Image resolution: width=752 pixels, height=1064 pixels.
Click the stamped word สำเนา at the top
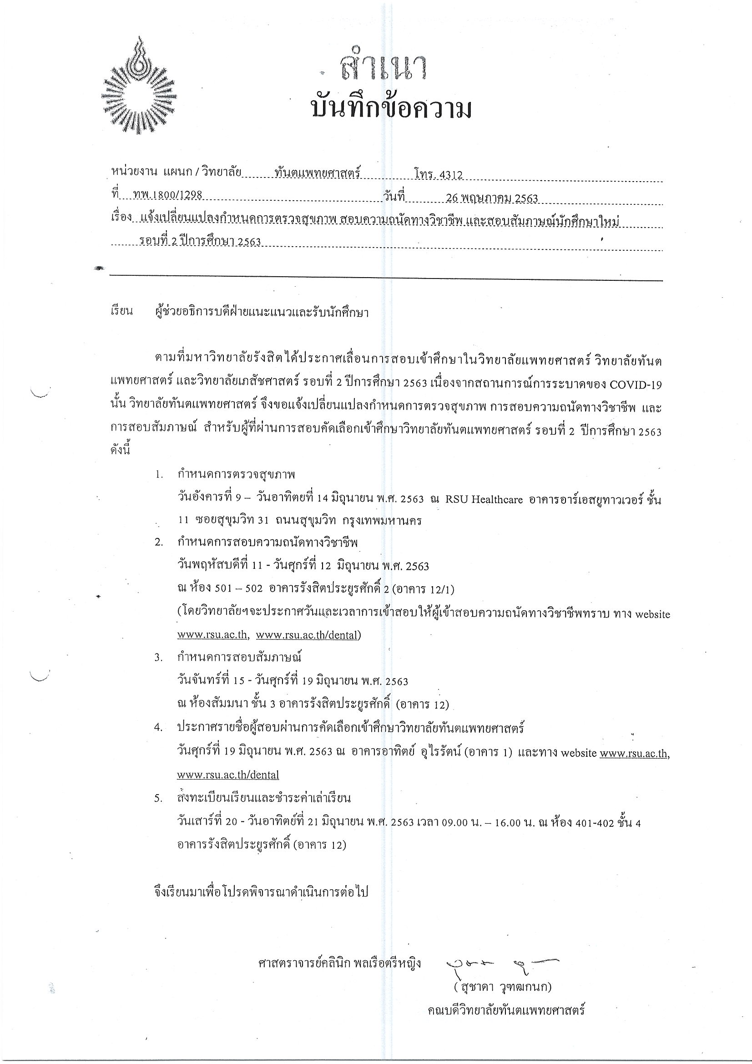pyautogui.click(x=383, y=68)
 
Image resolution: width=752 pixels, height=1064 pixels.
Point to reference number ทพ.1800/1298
pyautogui.click(x=167, y=195)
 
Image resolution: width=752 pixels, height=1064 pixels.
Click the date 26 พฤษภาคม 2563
pyautogui.click(x=492, y=198)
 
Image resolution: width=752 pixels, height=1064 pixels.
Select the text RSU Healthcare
pyautogui.click(x=484, y=500)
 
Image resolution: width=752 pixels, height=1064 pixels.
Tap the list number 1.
pyautogui.click(x=159, y=475)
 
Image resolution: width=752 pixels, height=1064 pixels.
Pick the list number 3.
pyautogui.click(x=158, y=658)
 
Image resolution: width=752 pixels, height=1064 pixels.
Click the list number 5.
pyautogui.click(x=158, y=799)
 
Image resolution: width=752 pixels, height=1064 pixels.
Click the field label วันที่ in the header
pyautogui.click(x=394, y=197)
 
